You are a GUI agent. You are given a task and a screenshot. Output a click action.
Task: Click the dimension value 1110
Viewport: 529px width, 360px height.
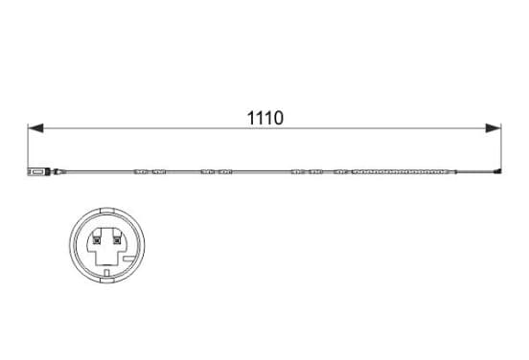pyautogui.click(x=265, y=118)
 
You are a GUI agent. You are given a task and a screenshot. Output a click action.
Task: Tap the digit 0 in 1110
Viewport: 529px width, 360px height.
pyautogui.click(x=278, y=118)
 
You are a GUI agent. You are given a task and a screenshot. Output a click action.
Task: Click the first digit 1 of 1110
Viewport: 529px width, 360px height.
pyautogui.click(x=251, y=118)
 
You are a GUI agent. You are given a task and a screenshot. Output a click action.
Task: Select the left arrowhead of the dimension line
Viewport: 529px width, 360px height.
pyautogui.click(x=35, y=128)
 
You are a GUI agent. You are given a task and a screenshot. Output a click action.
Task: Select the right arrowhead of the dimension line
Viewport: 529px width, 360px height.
pyautogui.click(x=494, y=128)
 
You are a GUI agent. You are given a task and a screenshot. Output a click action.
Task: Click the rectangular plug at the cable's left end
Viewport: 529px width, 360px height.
pyautogui.click(x=38, y=171)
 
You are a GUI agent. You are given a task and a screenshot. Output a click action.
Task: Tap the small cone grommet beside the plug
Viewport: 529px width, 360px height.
pyautogui.click(x=58, y=172)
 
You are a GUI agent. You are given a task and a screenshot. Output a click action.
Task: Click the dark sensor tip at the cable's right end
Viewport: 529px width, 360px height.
pyautogui.click(x=497, y=171)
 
